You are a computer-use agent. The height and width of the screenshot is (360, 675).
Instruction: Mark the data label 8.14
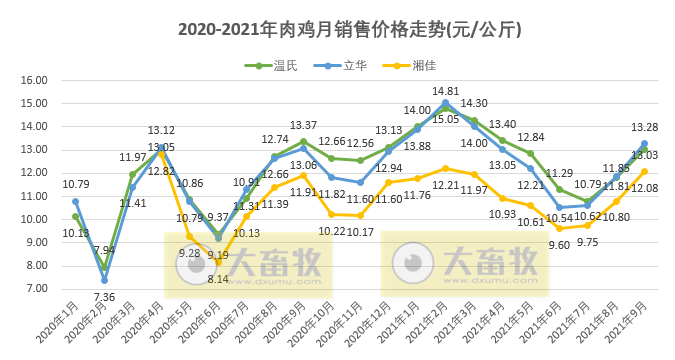(218, 279)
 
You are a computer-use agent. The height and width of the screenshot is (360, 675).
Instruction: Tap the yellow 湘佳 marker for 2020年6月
(218, 262)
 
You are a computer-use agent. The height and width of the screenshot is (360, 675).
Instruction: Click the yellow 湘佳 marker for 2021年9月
(644, 171)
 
